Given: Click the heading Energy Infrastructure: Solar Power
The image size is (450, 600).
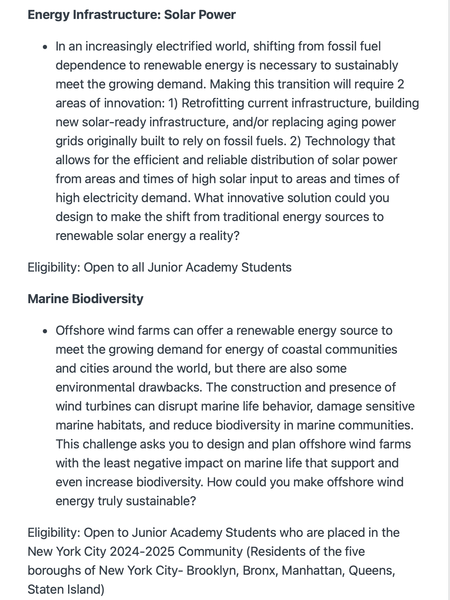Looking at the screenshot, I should (x=132, y=15).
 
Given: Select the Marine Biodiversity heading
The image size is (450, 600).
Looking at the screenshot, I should (x=85, y=299).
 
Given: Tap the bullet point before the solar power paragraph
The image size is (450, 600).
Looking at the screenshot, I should (x=45, y=47).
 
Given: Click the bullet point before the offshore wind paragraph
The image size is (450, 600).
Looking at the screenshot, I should (x=45, y=331).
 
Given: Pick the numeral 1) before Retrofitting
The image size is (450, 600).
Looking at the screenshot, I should (x=173, y=103).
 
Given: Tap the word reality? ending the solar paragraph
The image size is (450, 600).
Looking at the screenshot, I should (x=219, y=236).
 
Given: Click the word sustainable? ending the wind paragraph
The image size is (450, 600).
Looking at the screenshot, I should (x=160, y=501).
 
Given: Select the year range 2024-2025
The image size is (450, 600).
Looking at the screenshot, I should (x=142, y=552).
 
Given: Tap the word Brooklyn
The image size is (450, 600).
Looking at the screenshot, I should (x=211, y=571).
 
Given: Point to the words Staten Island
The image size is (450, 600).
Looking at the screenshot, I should (x=66, y=589).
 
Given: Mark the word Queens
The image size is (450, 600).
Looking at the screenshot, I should (x=371, y=571).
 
